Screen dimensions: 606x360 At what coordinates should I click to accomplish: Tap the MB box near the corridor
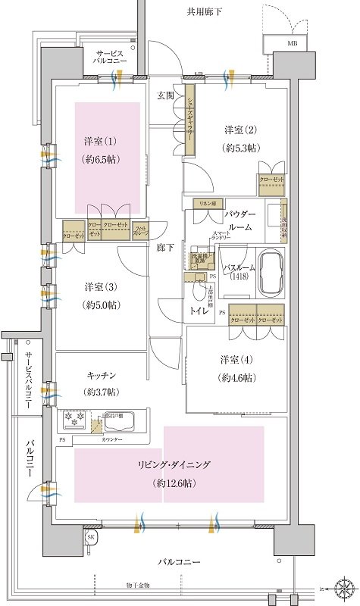(292, 45)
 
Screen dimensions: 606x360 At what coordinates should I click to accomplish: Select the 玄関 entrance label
(166, 95)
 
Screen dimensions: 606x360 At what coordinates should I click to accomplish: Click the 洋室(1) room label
(100, 141)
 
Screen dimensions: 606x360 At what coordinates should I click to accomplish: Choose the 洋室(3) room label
(100, 286)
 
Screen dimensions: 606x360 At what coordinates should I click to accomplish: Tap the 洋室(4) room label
(236, 358)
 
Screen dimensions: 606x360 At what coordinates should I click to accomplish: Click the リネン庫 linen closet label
(208, 205)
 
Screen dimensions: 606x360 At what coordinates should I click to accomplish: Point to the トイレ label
(200, 310)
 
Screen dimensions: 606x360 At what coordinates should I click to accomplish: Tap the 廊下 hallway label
(166, 247)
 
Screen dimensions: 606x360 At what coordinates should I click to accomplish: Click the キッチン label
(100, 375)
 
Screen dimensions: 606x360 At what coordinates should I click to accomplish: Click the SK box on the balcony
(91, 537)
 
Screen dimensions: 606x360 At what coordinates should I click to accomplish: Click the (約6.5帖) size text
(100, 160)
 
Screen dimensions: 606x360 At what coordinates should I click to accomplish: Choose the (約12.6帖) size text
(174, 483)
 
